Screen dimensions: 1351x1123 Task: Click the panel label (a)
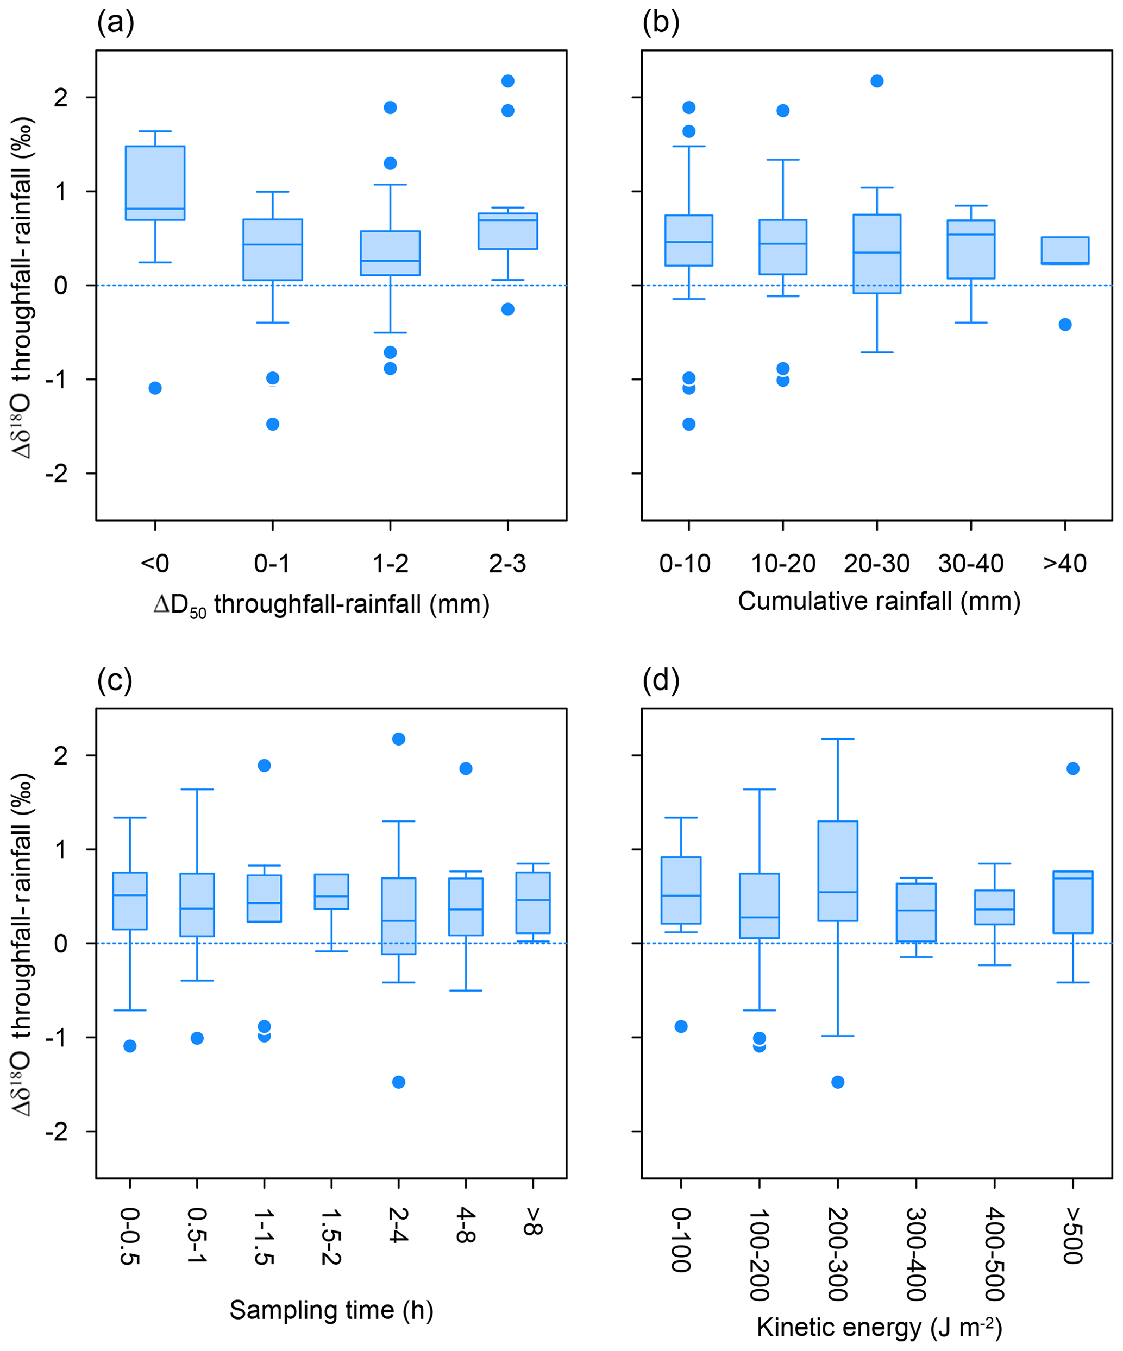[x=116, y=23]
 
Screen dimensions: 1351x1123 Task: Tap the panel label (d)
[x=661, y=680]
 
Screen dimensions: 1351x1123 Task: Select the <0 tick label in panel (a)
[x=155, y=564]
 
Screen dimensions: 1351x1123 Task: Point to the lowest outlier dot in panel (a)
[x=273, y=424]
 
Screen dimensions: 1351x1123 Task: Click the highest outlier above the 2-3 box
[x=508, y=81]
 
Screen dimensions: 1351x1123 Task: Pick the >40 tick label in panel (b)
[x=1065, y=564]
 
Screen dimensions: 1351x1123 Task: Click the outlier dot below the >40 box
[x=1065, y=324]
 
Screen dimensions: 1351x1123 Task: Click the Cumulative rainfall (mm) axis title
[x=879, y=602]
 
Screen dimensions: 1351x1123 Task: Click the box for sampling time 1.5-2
[x=331, y=891]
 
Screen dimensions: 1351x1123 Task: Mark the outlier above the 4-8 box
[x=466, y=769]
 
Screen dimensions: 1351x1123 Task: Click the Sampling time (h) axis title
[x=331, y=1310]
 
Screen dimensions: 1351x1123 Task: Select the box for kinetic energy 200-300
[x=838, y=871]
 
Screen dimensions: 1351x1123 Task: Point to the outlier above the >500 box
[x=1073, y=769]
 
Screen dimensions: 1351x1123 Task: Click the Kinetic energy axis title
[x=879, y=1327]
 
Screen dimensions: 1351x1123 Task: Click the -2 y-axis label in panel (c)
[x=57, y=1132]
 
